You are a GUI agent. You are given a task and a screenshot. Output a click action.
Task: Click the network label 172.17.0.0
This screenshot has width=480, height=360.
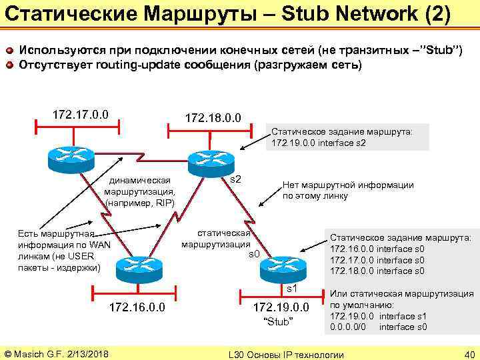81,109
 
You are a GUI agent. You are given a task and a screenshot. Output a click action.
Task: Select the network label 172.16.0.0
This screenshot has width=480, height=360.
138,307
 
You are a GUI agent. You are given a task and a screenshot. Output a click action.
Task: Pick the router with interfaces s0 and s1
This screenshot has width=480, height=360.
280,267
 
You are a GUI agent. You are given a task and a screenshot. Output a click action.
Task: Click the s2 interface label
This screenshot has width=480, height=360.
235,181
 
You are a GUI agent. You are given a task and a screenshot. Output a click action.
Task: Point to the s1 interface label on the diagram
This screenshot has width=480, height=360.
291,289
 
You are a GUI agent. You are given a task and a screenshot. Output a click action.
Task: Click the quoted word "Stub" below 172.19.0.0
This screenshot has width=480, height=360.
279,323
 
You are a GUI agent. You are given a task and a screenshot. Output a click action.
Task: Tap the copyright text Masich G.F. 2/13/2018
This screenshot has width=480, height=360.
57,353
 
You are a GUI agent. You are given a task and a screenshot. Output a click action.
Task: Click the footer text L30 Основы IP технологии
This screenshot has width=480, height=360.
286,353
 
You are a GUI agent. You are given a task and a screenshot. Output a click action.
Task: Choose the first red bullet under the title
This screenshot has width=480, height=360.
9,50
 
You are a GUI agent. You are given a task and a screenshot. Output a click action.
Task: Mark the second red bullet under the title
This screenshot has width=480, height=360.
9,65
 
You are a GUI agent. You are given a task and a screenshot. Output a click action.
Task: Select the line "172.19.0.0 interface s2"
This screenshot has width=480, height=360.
319,143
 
